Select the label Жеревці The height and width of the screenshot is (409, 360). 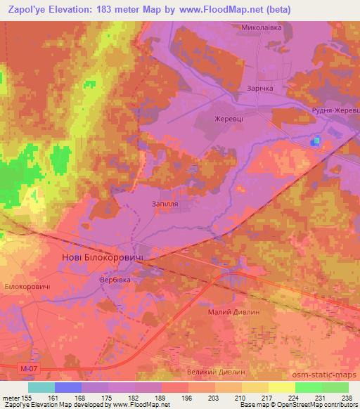tap(229, 119)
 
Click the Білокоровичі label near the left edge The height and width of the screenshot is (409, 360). tap(27, 288)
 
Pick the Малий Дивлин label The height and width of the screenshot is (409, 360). tap(234, 311)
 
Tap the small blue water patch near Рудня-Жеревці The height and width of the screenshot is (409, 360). tap(316, 141)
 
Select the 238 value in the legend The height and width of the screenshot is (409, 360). tap(347, 397)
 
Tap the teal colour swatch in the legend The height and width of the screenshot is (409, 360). tap(41, 387)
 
